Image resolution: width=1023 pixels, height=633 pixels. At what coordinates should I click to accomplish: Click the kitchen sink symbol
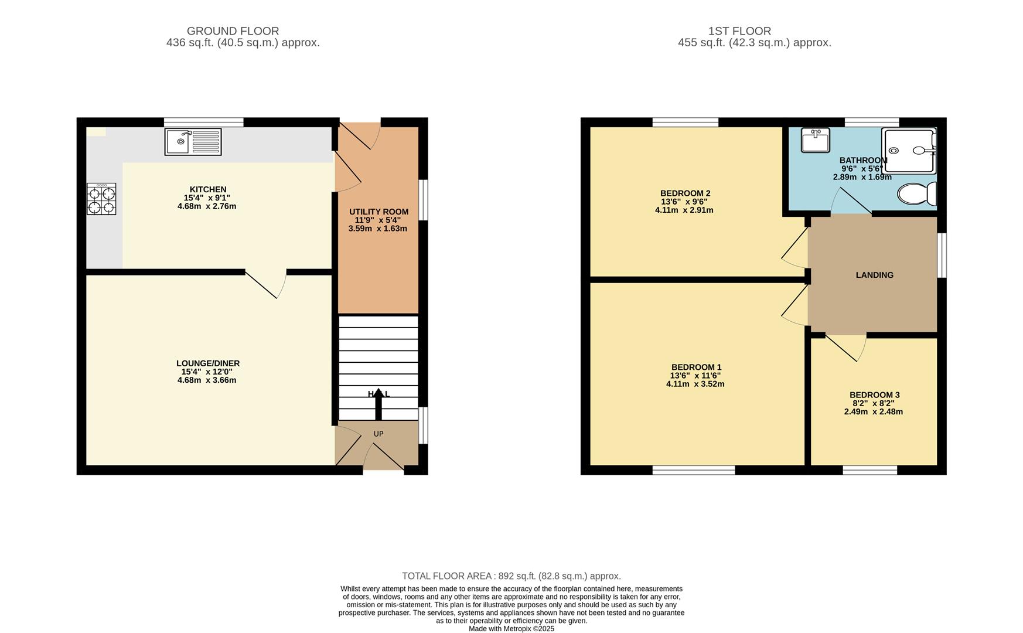pyautogui.click(x=193, y=142)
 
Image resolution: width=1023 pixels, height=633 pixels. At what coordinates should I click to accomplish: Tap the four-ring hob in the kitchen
pyautogui.click(x=101, y=199)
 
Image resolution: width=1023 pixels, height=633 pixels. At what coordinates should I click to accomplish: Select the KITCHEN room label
pyautogui.click(x=208, y=189)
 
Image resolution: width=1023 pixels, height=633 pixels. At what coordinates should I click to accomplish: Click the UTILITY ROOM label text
pyautogui.click(x=378, y=212)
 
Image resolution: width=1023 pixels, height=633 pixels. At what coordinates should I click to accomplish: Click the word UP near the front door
pyautogui.click(x=378, y=434)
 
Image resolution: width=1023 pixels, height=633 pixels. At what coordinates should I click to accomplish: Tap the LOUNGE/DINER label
pyautogui.click(x=208, y=363)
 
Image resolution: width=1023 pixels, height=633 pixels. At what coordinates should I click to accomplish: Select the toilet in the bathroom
pyautogui.click(x=916, y=193)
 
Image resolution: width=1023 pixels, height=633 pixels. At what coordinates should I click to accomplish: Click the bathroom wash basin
pyautogui.click(x=815, y=141)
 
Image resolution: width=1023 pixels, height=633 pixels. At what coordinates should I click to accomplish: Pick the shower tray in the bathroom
pyautogui.click(x=909, y=151)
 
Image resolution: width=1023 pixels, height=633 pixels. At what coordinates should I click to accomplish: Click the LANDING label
pyautogui.click(x=874, y=275)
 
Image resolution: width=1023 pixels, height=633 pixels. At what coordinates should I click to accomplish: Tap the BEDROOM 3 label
pyautogui.click(x=874, y=395)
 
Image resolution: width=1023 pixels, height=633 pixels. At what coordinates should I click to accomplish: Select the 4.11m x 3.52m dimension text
pyautogui.click(x=695, y=384)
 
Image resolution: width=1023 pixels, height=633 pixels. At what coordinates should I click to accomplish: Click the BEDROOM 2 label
pyautogui.click(x=685, y=193)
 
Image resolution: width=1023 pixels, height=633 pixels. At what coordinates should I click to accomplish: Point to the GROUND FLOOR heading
pyautogui.click(x=233, y=31)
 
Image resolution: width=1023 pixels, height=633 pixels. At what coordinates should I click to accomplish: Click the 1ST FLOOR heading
pyautogui.click(x=739, y=31)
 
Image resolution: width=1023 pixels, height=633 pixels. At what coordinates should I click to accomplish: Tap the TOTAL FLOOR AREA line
pyautogui.click(x=511, y=576)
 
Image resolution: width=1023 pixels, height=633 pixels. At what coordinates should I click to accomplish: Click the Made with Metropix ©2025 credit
pyautogui.click(x=511, y=628)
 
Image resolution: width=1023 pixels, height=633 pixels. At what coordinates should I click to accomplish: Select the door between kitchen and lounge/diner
pyautogui.click(x=265, y=284)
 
